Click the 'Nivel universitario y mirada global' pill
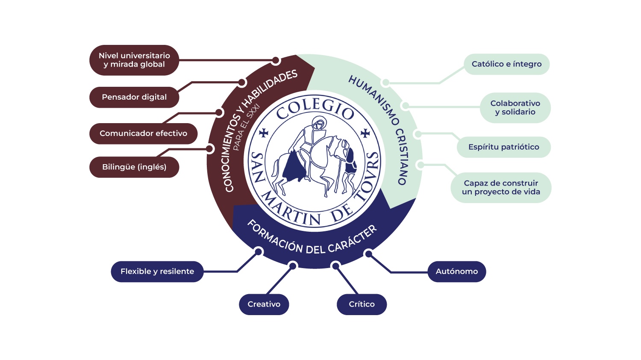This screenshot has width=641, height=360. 134,60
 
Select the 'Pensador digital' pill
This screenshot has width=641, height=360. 134,97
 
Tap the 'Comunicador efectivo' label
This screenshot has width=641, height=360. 143,133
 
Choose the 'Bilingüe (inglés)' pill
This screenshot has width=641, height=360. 134,167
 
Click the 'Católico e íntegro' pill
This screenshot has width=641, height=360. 506,64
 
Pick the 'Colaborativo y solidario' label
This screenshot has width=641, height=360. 515,108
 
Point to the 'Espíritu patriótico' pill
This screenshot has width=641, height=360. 504,147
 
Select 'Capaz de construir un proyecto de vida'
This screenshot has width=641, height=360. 501,188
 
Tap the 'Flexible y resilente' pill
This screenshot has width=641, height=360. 157,271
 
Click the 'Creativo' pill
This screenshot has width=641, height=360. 264,304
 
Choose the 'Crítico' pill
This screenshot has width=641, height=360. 362,304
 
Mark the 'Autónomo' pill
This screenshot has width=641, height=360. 457,271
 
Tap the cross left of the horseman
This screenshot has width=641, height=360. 264,133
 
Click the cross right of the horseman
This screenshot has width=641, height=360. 365,133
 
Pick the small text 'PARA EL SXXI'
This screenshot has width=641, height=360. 246,127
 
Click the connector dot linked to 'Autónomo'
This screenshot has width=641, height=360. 368,254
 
